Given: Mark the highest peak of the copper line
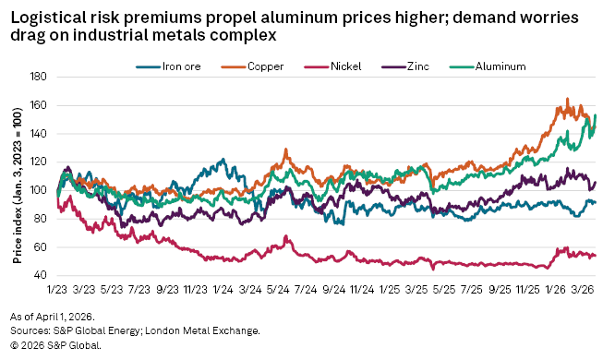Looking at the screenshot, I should click(567, 99).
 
